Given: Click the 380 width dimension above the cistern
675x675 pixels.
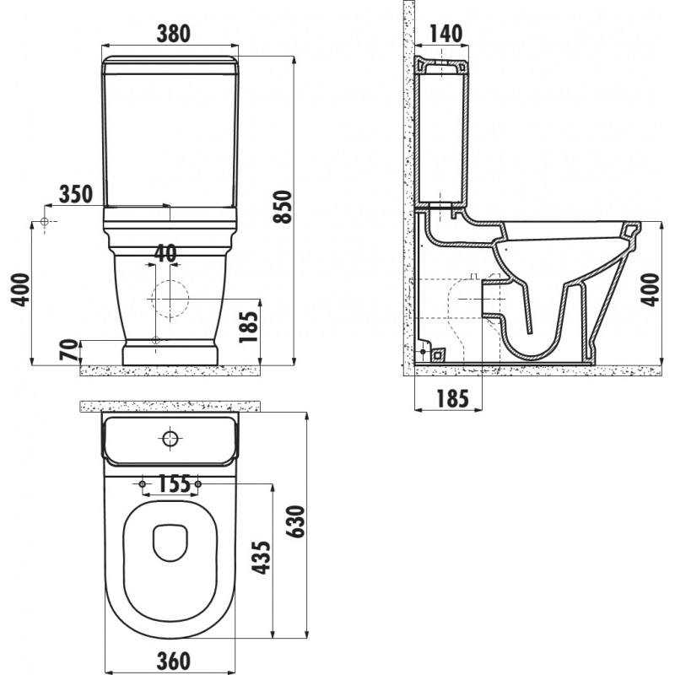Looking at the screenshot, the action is click(173, 34).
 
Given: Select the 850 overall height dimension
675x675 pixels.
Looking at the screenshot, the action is click(283, 207).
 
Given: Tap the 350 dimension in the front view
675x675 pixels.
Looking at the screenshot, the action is click(76, 194).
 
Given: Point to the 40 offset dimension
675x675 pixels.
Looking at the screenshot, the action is click(165, 253).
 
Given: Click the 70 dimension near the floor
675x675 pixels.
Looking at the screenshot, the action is click(70, 350).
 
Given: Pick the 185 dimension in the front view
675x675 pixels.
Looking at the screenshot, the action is click(249, 327).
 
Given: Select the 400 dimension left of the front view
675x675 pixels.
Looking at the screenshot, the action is click(20, 289).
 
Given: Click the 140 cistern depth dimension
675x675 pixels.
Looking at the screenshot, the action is click(446, 34).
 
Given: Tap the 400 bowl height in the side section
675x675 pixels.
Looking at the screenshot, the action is click(650, 289).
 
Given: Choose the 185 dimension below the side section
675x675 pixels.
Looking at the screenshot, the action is click(452, 398).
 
